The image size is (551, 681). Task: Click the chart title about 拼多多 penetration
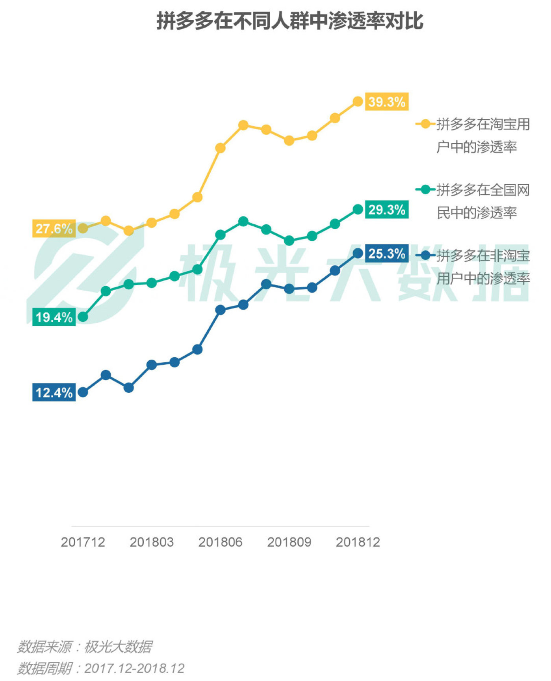pyautogui.click(x=290, y=21)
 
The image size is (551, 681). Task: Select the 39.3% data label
pyautogui.click(x=386, y=102)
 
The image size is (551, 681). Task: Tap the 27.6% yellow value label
pyautogui.click(x=54, y=229)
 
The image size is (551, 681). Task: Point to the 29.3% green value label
pyautogui.click(x=386, y=210)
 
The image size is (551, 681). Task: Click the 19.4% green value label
pyautogui.click(x=54, y=317)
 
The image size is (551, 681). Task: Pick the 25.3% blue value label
pyautogui.click(x=386, y=254)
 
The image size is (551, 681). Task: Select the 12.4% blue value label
pyautogui.click(x=54, y=393)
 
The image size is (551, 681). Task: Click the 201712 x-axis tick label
pyautogui.click(x=83, y=542)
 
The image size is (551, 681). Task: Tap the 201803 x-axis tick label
pyautogui.click(x=152, y=542)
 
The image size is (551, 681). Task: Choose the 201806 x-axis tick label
pyautogui.click(x=220, y=542)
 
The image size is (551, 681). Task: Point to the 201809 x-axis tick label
pyautogui.click(x=289, y=542)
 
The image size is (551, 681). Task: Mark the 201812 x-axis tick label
pyautogui.click(x=358, y=542)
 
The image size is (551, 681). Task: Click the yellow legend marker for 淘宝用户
pyautogui.click(x=425, y=124)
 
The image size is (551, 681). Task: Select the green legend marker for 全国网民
pyautogui.click(x=425, y=190)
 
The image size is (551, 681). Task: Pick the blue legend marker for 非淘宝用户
pyautogui.click(x=425, y=256)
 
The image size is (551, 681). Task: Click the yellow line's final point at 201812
pyautogui.click(x=358, y=102)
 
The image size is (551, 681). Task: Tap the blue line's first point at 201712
pyautogui.click(x=83, y=392)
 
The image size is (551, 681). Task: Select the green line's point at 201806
pyautogui.click(x=221, y=235)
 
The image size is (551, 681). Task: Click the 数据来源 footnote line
pyautogui.click(x=84, y=647)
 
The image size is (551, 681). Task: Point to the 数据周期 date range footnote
pyautogui.click(x=100, y=668)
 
